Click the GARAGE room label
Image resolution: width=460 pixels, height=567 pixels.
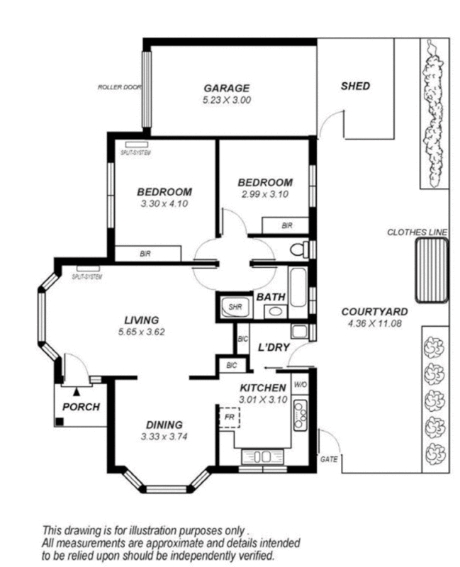(x=227, y=88)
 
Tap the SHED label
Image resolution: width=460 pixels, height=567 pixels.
(x=355, y=86)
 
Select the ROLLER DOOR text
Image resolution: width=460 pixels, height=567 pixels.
(x=119, y=88)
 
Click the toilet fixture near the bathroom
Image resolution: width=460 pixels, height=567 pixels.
(x=301, y=249)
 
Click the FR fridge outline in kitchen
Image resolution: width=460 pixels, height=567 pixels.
(x=230, y=417)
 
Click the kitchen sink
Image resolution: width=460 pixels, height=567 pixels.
(x=301, y=413)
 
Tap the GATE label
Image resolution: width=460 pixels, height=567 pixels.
(x=329, y=459)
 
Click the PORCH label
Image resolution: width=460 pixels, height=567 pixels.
(x=81, y=407)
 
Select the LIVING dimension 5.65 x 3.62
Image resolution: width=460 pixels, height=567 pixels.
(x=141, y=331)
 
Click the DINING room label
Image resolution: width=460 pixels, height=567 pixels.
(x=164, y=425)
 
